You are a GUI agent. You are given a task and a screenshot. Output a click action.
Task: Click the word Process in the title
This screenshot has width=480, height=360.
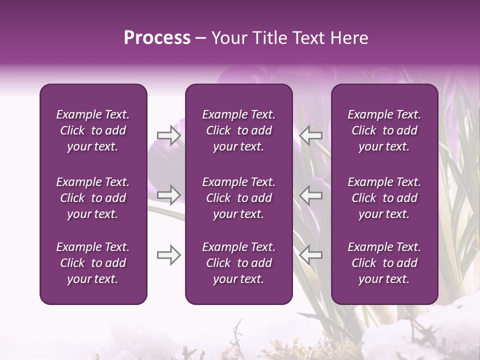[x=157, y=38]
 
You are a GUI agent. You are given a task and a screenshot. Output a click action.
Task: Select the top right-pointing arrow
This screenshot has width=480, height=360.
[x=169, y=135]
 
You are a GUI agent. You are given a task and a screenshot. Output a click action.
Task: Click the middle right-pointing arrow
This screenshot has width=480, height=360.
[x=169, y=195]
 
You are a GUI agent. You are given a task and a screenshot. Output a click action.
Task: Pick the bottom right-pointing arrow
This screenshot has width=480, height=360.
[x=169, y=255]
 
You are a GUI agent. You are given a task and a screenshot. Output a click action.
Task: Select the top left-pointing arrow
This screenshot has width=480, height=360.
[x=311, y=135]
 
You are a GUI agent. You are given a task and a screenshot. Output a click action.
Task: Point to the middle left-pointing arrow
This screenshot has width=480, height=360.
[x=311, y=195]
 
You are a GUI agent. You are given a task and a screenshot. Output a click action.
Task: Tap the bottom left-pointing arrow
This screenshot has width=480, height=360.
[x=311, y=255]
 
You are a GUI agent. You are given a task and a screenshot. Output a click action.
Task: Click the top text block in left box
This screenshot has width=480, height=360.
[x=93, y=130]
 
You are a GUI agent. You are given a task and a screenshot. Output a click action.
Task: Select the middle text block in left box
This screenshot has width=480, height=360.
[x=93, y=198]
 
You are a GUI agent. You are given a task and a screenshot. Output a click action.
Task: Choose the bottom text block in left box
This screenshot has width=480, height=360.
[x=93, y=263]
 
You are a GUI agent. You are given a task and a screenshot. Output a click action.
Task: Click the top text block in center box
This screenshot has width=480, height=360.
[x=238, y=130]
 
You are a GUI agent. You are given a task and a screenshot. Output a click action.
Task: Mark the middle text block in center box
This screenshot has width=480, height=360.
[x=238, y=198]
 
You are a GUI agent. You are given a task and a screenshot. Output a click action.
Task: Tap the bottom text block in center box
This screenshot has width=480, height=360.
[x=238, y=263]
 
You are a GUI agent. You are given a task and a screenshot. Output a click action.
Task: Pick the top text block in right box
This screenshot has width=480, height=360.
[x=384, y=130]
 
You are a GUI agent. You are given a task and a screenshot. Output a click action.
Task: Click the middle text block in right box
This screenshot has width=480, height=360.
[x=384, y=198]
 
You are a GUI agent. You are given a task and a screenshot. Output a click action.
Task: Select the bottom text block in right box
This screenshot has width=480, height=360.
[x=384, y=263]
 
